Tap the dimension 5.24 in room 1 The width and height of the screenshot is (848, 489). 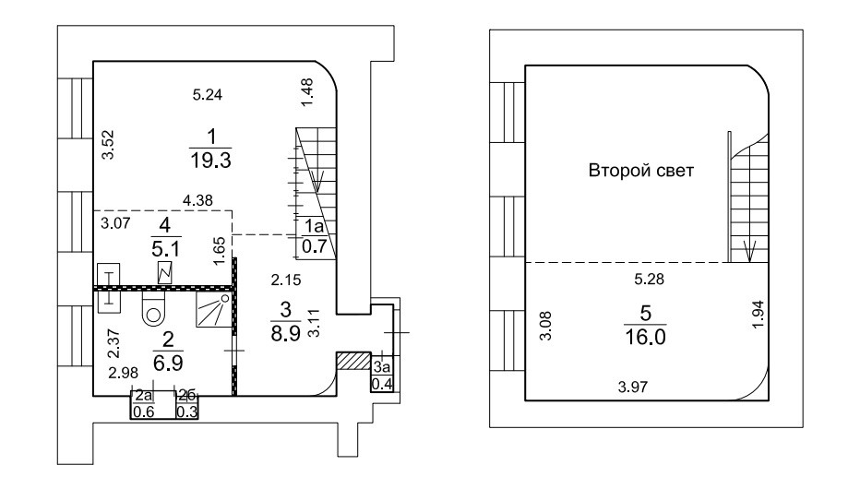tap(208, 94)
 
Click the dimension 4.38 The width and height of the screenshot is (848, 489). tap(197, 199)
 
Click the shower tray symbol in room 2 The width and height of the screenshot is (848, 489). tap(213, 311)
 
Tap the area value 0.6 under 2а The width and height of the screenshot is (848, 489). tap(142, 411)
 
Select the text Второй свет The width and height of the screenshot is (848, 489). tap(640, 173)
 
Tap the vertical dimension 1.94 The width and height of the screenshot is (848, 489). tap(757, 317)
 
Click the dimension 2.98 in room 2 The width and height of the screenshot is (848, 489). tap(123, 373)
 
